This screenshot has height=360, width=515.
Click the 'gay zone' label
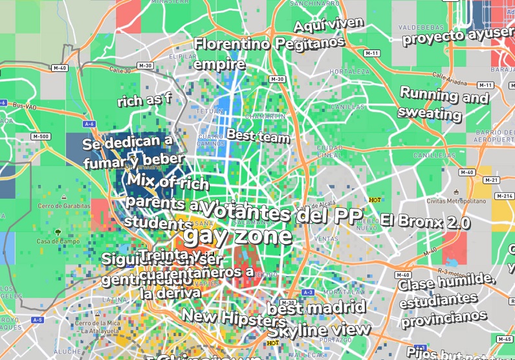[x=237, y=236]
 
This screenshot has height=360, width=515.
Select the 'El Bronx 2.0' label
[x=425, y=221]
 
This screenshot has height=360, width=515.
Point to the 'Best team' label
[x=257, y=136]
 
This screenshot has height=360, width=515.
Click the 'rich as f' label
[x=144, y=100]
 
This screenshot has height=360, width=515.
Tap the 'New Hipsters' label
[x=234, y=318]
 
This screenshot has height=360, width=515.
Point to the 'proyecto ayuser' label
[x=457, y=36]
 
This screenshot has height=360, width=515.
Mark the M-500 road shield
[x=40, y=137]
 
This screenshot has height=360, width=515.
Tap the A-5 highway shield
[x=38, y=320]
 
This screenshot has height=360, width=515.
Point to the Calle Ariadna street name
[x=448, y=77]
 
